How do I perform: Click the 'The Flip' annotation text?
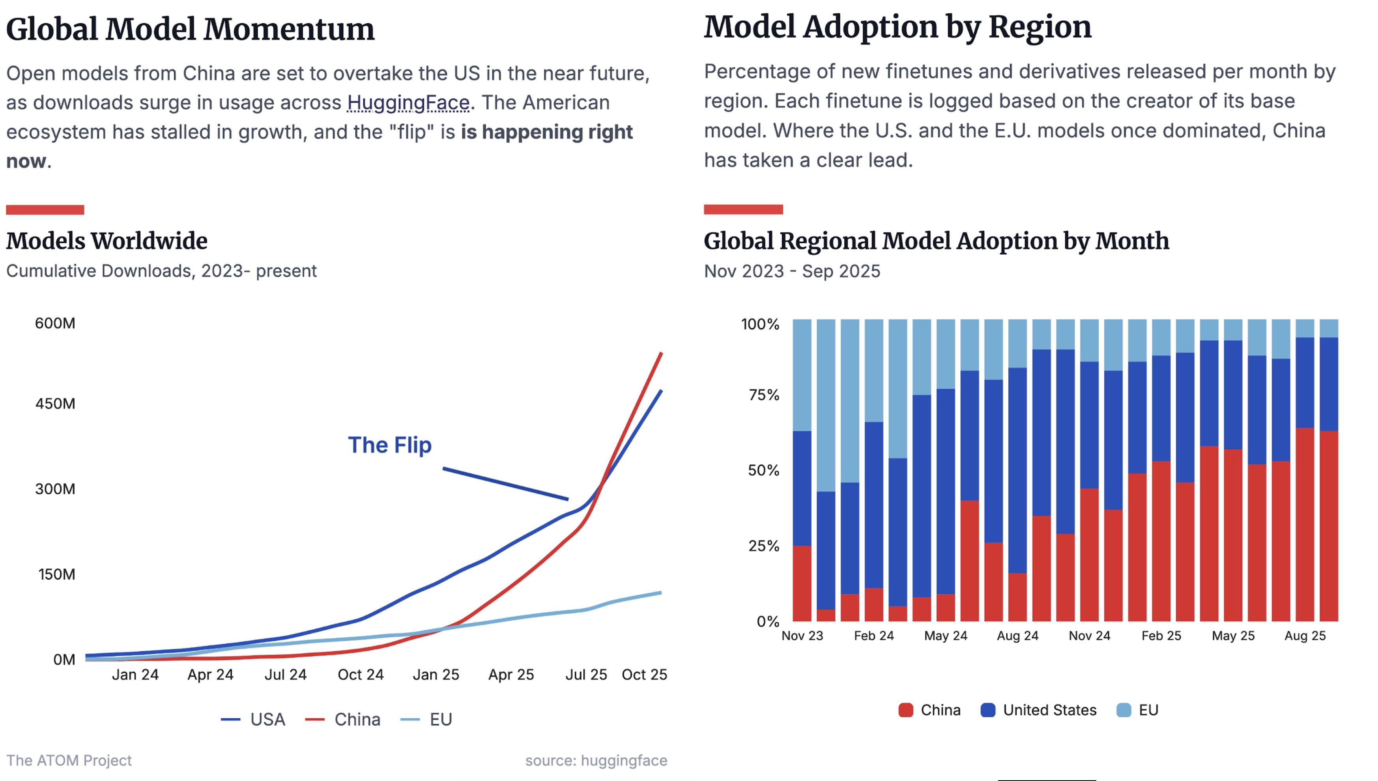click(x=390, y=445)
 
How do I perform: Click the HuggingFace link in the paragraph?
click(x=408, y=103)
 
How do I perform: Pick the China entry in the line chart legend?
click(x=344, y=719)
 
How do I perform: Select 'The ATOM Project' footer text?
click(x=69, y=760)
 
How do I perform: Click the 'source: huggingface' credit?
click(x=596, y=760)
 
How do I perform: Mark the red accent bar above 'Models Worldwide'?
click(x=45, y=210)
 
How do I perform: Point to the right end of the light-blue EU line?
click(x=660, y=593)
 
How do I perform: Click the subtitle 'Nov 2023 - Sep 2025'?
click(x=791, y=271)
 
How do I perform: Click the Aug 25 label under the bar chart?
click(x=1305, y=636)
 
